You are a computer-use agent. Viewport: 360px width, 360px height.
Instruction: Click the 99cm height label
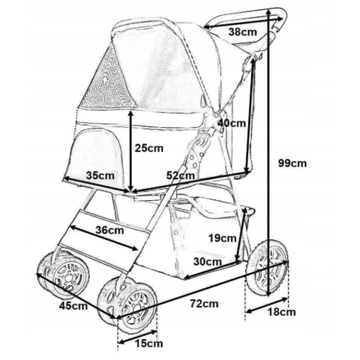click(292, 163)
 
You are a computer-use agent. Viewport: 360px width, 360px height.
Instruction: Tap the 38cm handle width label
click(242, 32)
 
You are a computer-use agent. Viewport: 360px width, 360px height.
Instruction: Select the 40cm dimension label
click(231, 123)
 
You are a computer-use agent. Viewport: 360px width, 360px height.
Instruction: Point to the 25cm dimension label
click(149, 148)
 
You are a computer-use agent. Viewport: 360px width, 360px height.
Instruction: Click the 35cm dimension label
click(100, 176)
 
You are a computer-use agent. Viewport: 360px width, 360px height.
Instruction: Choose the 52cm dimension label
click(181, 176)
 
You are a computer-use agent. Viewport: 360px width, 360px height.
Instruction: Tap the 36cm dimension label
click(110, 230)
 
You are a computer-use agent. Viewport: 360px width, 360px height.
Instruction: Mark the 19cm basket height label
click(222, 238)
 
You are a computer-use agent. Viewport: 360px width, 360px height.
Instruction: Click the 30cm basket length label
click(208, 261)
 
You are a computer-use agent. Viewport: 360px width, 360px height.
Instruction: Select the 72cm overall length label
click(204, 304)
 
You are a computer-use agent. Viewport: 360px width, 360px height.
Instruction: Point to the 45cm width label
click(74, 305)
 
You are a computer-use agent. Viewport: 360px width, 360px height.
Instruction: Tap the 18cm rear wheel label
click(282, 312)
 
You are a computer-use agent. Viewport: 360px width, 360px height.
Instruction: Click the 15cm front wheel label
click(149, 344)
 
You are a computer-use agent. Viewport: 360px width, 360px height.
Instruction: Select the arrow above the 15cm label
click(137, 337)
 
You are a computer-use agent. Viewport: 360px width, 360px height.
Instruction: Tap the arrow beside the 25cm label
click(131, 151)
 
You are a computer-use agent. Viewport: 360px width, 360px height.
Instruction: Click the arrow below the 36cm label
click(104, 238)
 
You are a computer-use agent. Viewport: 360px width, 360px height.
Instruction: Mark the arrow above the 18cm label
click(267, 305)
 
